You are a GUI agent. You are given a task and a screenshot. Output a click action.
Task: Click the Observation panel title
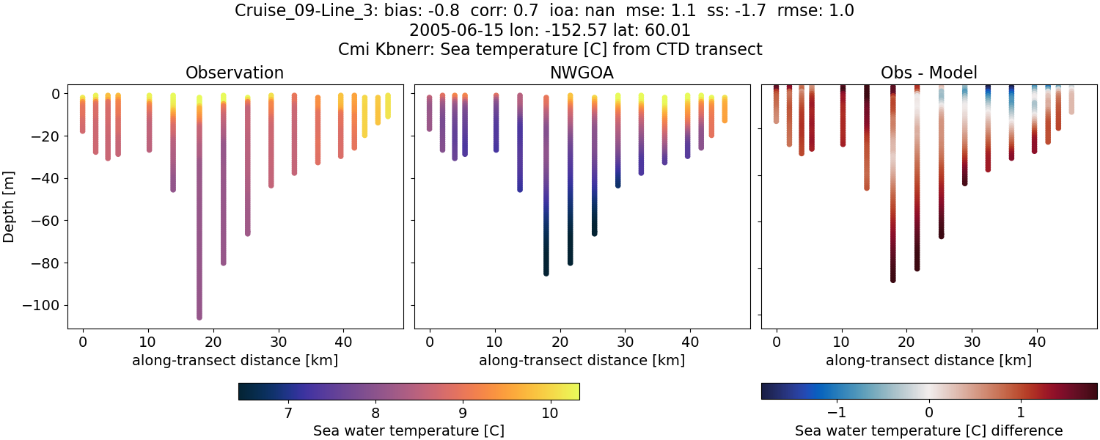235,73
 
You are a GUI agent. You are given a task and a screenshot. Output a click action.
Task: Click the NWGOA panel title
582,73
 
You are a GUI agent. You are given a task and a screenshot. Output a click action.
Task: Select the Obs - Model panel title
928,73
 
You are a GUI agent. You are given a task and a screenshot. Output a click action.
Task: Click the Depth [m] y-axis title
10,206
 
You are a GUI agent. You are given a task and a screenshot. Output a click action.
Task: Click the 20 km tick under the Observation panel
213,341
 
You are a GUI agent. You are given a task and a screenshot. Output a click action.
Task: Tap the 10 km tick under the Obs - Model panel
842,341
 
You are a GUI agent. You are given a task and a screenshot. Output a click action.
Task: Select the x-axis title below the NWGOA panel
582,360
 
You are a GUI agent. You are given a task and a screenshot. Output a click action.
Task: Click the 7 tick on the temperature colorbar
288,412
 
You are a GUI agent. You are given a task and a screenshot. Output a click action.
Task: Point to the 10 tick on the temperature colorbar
550,412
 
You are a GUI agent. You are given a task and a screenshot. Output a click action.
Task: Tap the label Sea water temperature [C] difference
928,430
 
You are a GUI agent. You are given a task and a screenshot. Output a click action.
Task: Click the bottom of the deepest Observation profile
199,316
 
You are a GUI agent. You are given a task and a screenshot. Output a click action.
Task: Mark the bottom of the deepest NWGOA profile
546,273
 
